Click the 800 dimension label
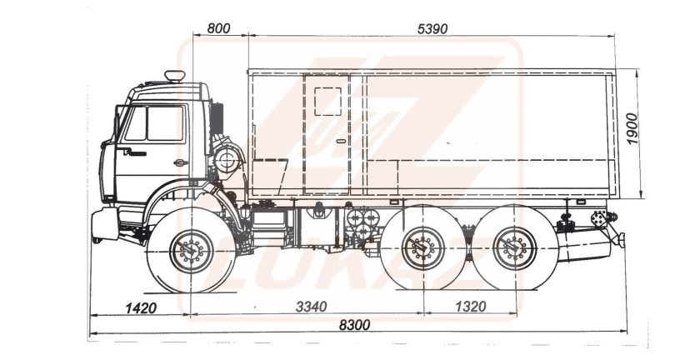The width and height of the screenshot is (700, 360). tap(217, 28)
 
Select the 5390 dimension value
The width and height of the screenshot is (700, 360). tap(432, 28)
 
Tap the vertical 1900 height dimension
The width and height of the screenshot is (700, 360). tap(634, 129)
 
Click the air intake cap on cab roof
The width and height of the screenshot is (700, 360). tap(175, 77)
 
